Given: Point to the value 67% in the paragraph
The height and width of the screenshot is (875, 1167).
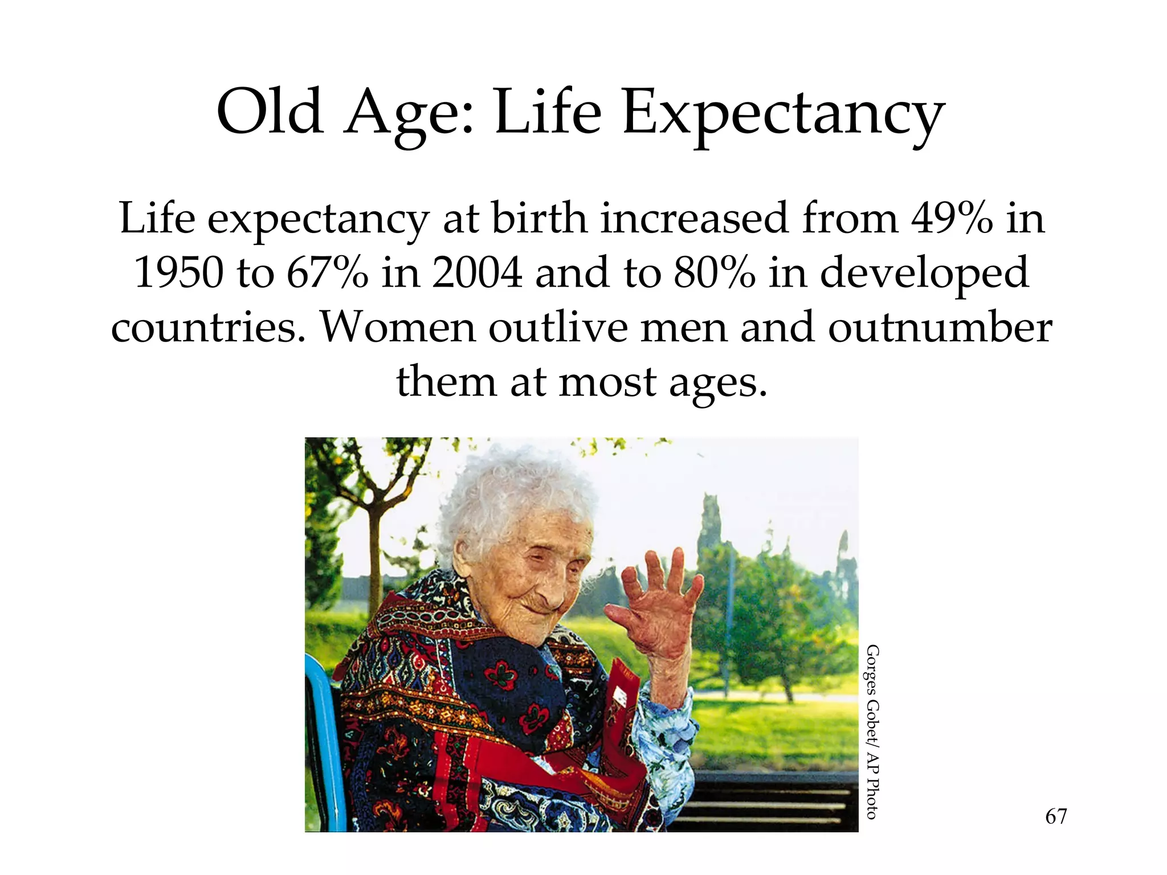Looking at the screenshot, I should pyautogui.click(x=327, y=272).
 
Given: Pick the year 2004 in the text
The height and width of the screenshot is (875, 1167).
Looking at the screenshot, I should pyautogui.click(x=477, y=272).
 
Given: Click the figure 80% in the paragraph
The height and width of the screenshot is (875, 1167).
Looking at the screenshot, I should pyautogui.click(x=714, y=272).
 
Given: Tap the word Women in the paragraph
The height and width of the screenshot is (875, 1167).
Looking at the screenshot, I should pyautogui.click(x=398, y=327).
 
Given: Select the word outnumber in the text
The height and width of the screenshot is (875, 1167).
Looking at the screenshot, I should pyautogui.click(x=940, y=327).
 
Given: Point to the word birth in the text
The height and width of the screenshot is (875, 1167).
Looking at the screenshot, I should pyautogui.click(x=539, y=218).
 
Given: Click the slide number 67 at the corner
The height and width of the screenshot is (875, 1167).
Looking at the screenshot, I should pyautogui.click(x=1056, y=817).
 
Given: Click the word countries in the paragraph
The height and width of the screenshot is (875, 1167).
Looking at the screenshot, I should pyautogui.click(x=208, y=327).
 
